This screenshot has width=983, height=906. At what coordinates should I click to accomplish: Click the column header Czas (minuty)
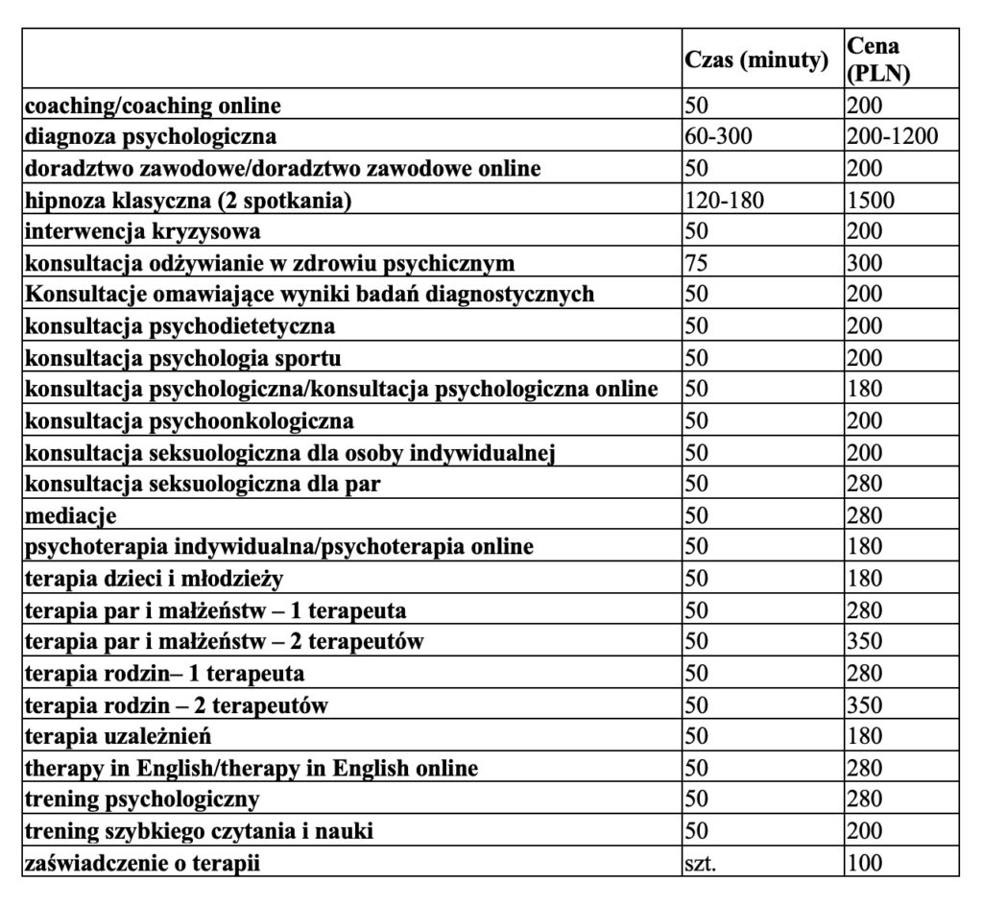point(756,60)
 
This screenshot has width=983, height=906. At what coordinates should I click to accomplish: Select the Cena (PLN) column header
point(879,60)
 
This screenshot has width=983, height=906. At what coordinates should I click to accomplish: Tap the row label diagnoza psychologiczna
point(152,136)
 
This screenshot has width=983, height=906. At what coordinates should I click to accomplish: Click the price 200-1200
point(893,136)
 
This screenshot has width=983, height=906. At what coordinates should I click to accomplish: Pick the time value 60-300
point(719,136)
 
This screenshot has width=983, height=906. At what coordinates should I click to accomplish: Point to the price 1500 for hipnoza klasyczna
point(871,200)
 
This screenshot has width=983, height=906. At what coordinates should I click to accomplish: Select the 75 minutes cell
point(696,263)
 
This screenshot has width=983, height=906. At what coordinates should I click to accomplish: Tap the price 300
point(865,263)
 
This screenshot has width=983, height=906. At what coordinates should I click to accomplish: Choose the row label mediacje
point(71,516)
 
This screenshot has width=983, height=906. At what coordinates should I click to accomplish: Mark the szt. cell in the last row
point(700,864)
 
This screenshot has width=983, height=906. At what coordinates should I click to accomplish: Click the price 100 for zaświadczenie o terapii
point(865,864)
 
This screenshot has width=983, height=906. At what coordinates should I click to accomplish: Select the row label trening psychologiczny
point(142,799)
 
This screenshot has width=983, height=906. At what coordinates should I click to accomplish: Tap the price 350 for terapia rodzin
point(865,705)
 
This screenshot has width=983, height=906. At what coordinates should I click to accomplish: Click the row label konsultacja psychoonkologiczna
point(189,421)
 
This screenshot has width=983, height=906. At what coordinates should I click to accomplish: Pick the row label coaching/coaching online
point(154,105)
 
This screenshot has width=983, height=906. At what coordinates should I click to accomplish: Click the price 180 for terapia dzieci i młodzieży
point(865,579)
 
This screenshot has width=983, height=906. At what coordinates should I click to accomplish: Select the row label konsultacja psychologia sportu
point(183,358)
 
